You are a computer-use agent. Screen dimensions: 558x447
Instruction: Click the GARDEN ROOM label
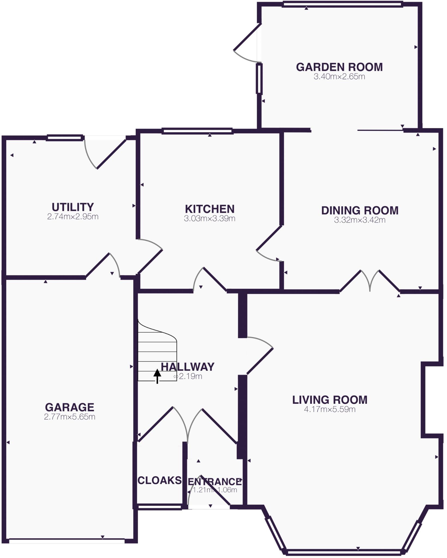tap(339, 67)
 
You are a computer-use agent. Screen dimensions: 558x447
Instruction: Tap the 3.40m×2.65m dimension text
tap(339, 77)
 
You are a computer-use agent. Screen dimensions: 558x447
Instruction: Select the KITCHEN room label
tap(209, 209)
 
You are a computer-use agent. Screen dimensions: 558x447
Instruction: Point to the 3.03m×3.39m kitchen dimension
tap(209, 219)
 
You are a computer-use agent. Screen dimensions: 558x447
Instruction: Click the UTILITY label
tap(73, 207)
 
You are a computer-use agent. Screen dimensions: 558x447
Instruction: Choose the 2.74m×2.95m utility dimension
tap(73, 217)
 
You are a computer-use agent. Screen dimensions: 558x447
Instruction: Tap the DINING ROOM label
tap(360, 210)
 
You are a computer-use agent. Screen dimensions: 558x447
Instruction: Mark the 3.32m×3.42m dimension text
tap(360, 220)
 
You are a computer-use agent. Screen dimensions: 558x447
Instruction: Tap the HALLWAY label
tap(187, 367)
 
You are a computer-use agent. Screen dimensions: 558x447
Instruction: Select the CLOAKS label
tap(160, 480)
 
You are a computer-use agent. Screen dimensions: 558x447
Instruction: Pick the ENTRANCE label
tap(215, 481)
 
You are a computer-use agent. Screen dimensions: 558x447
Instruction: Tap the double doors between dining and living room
tap(370, 281)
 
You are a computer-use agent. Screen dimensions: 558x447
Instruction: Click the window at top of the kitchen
tap(197, 131)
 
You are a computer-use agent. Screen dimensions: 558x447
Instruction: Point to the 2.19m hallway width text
tap(190, 377)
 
